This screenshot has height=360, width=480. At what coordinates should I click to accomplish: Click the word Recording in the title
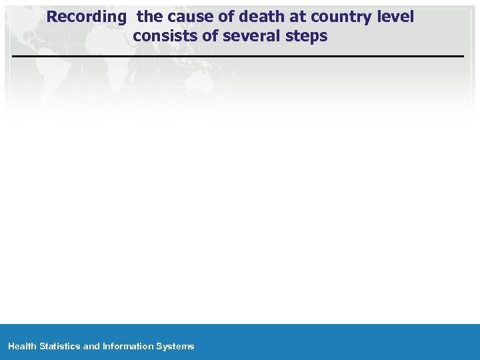pyautogui.click(x=87, y=17)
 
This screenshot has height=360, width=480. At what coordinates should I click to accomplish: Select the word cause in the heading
pyautogui.click(x=190, y=17)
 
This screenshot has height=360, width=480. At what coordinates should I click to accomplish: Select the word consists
pyautogui.click(x=163, y=36)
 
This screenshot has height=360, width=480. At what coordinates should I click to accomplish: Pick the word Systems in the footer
pyautogui.click(x=175, y=346)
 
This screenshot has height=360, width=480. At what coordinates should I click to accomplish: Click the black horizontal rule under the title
pyautogui.click(x=238, y=57)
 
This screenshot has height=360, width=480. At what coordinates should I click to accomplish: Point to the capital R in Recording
pyautogui.click(x=53, y=17)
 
